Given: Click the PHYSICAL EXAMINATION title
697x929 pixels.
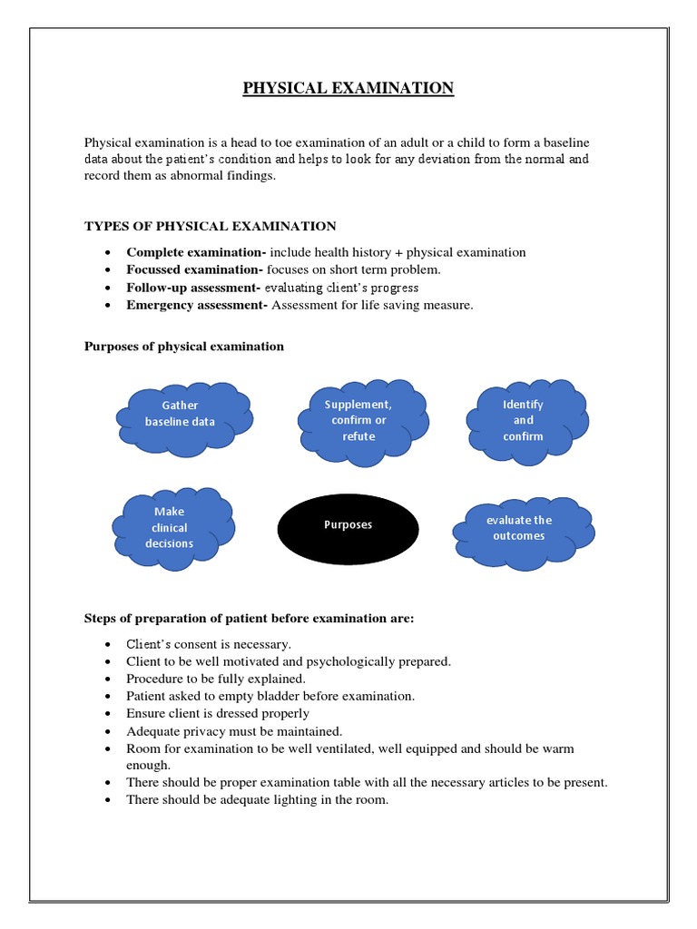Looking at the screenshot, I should pos(348,88).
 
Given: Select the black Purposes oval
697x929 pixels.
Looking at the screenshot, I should pos(348,525).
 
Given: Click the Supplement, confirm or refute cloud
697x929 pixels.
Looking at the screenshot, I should pos(358,420).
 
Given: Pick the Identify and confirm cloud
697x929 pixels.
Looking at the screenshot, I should pos(524,420).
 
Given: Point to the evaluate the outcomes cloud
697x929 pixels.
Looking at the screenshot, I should pos(519,528).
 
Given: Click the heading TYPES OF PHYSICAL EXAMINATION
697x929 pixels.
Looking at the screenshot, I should pos(210,226).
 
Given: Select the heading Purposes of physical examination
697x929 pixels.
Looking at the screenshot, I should pos(183,347).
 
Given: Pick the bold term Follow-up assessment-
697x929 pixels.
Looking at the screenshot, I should pos(194,288).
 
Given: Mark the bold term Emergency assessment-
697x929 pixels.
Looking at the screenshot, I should pos(197,305).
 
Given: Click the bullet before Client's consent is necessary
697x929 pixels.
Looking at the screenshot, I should pos(109,644).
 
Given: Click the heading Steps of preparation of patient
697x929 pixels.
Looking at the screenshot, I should pos(249,619).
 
